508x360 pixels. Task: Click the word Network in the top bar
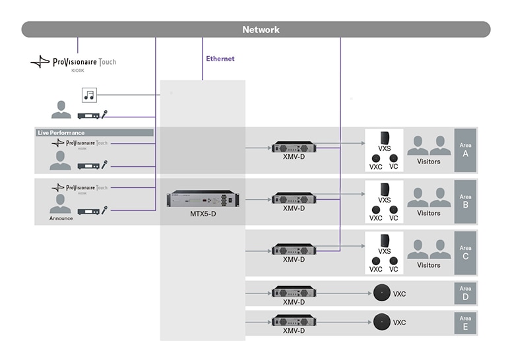coord(261,30)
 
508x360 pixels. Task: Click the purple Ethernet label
coord(220,59)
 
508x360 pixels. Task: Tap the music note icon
coord(88,96)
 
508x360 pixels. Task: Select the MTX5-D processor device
coord(203,198)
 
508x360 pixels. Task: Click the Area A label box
coord(465,150)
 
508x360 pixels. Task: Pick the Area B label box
coord(465,201)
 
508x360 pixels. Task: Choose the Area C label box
coord(465,253)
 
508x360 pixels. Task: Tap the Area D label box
coord(465,293)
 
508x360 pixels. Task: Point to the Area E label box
coord(465,323)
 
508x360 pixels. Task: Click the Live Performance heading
coord(61,133)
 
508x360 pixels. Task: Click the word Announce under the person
coord(61,218)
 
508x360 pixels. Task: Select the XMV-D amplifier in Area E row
coord(294,322)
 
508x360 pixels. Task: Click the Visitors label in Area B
coord(428,213)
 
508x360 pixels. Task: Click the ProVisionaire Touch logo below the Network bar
coord(73,63)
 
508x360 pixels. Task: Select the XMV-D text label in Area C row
coord(294,260)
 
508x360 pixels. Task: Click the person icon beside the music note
coord(61,109)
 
